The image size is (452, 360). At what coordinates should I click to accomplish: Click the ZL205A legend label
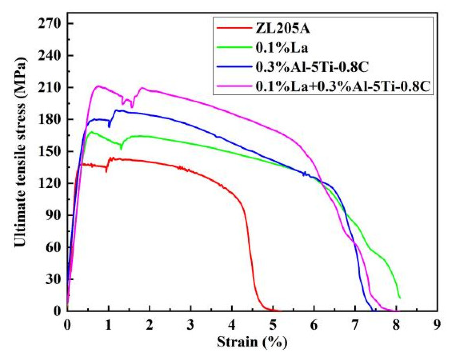point(283,29)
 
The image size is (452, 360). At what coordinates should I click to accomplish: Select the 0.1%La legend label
point(282,48)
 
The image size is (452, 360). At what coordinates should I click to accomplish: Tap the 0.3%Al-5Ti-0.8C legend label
point(312,67)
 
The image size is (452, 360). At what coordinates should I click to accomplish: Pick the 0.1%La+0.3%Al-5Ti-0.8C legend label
point(343,87)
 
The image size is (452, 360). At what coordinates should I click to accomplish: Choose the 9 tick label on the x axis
point(437,325)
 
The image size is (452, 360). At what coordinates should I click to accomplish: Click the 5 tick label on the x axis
point(273,325)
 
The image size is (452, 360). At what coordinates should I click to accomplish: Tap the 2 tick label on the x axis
point(149,325)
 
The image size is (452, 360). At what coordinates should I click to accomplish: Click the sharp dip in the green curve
point(121,149)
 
